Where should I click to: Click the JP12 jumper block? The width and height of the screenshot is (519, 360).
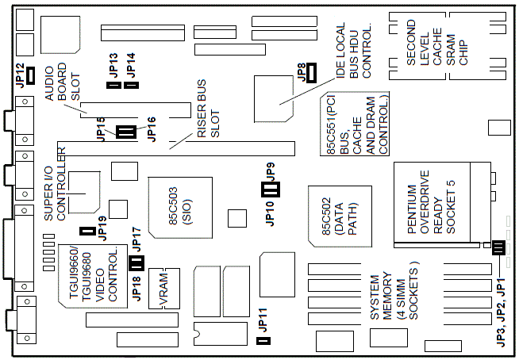[x=31, y=75]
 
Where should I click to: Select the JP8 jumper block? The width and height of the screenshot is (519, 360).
[x=311, y=73]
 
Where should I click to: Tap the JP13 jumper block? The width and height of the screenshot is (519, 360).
[x=113, y=86]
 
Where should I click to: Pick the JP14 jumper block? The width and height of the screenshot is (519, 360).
[x=131, y=86]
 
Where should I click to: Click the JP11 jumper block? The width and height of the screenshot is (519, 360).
[x=263, y=341]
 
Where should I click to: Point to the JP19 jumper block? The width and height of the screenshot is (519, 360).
[x=88, y=231]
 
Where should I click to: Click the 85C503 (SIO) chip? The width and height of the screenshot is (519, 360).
[x=180, y=208]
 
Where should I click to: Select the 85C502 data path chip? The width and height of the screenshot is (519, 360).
[x=340, y=216]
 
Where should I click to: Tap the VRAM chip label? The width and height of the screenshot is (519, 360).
[x=163, y=289]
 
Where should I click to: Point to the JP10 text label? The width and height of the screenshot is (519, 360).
[x=270, y=213]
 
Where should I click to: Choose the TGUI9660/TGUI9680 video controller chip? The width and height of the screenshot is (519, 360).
[x=93, y=276]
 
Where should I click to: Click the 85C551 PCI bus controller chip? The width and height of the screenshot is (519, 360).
[x=355, y=124]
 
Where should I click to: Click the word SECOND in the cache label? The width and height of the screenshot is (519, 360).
[x=411, y=42]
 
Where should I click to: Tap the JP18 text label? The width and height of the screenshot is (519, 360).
[x=136, y=288]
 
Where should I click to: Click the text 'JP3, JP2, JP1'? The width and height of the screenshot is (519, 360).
[x=501, y=312]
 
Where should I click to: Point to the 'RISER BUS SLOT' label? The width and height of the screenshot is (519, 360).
[x=208, y=108]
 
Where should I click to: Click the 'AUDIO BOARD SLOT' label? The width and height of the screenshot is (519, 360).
[x=62, y=82]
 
